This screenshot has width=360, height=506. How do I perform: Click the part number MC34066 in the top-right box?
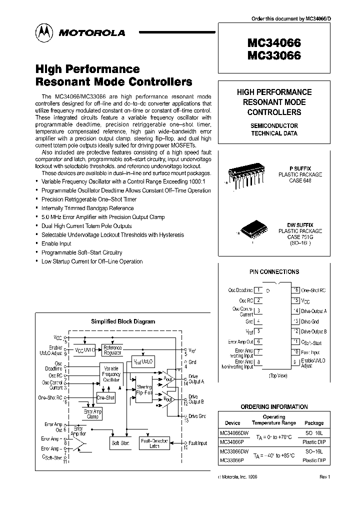(272, 43)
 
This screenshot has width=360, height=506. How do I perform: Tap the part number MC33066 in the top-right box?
(272, 56)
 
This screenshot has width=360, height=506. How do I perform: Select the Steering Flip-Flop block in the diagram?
(144, 390)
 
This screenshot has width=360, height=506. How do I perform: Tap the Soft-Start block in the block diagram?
(119, 443)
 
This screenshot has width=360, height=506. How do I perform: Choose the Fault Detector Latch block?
(155, 443)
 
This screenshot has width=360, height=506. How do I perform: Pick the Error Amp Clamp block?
(92, 413)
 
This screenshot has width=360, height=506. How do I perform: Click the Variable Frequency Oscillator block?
(111, 374)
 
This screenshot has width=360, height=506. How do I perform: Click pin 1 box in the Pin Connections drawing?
(258, 290)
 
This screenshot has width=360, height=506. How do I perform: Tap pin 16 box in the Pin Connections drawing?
(296, 290)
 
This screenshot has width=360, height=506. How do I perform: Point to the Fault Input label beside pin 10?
(198, 443)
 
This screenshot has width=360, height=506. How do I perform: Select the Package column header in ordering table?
(314, 422)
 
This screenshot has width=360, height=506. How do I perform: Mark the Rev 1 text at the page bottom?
(324, 477)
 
